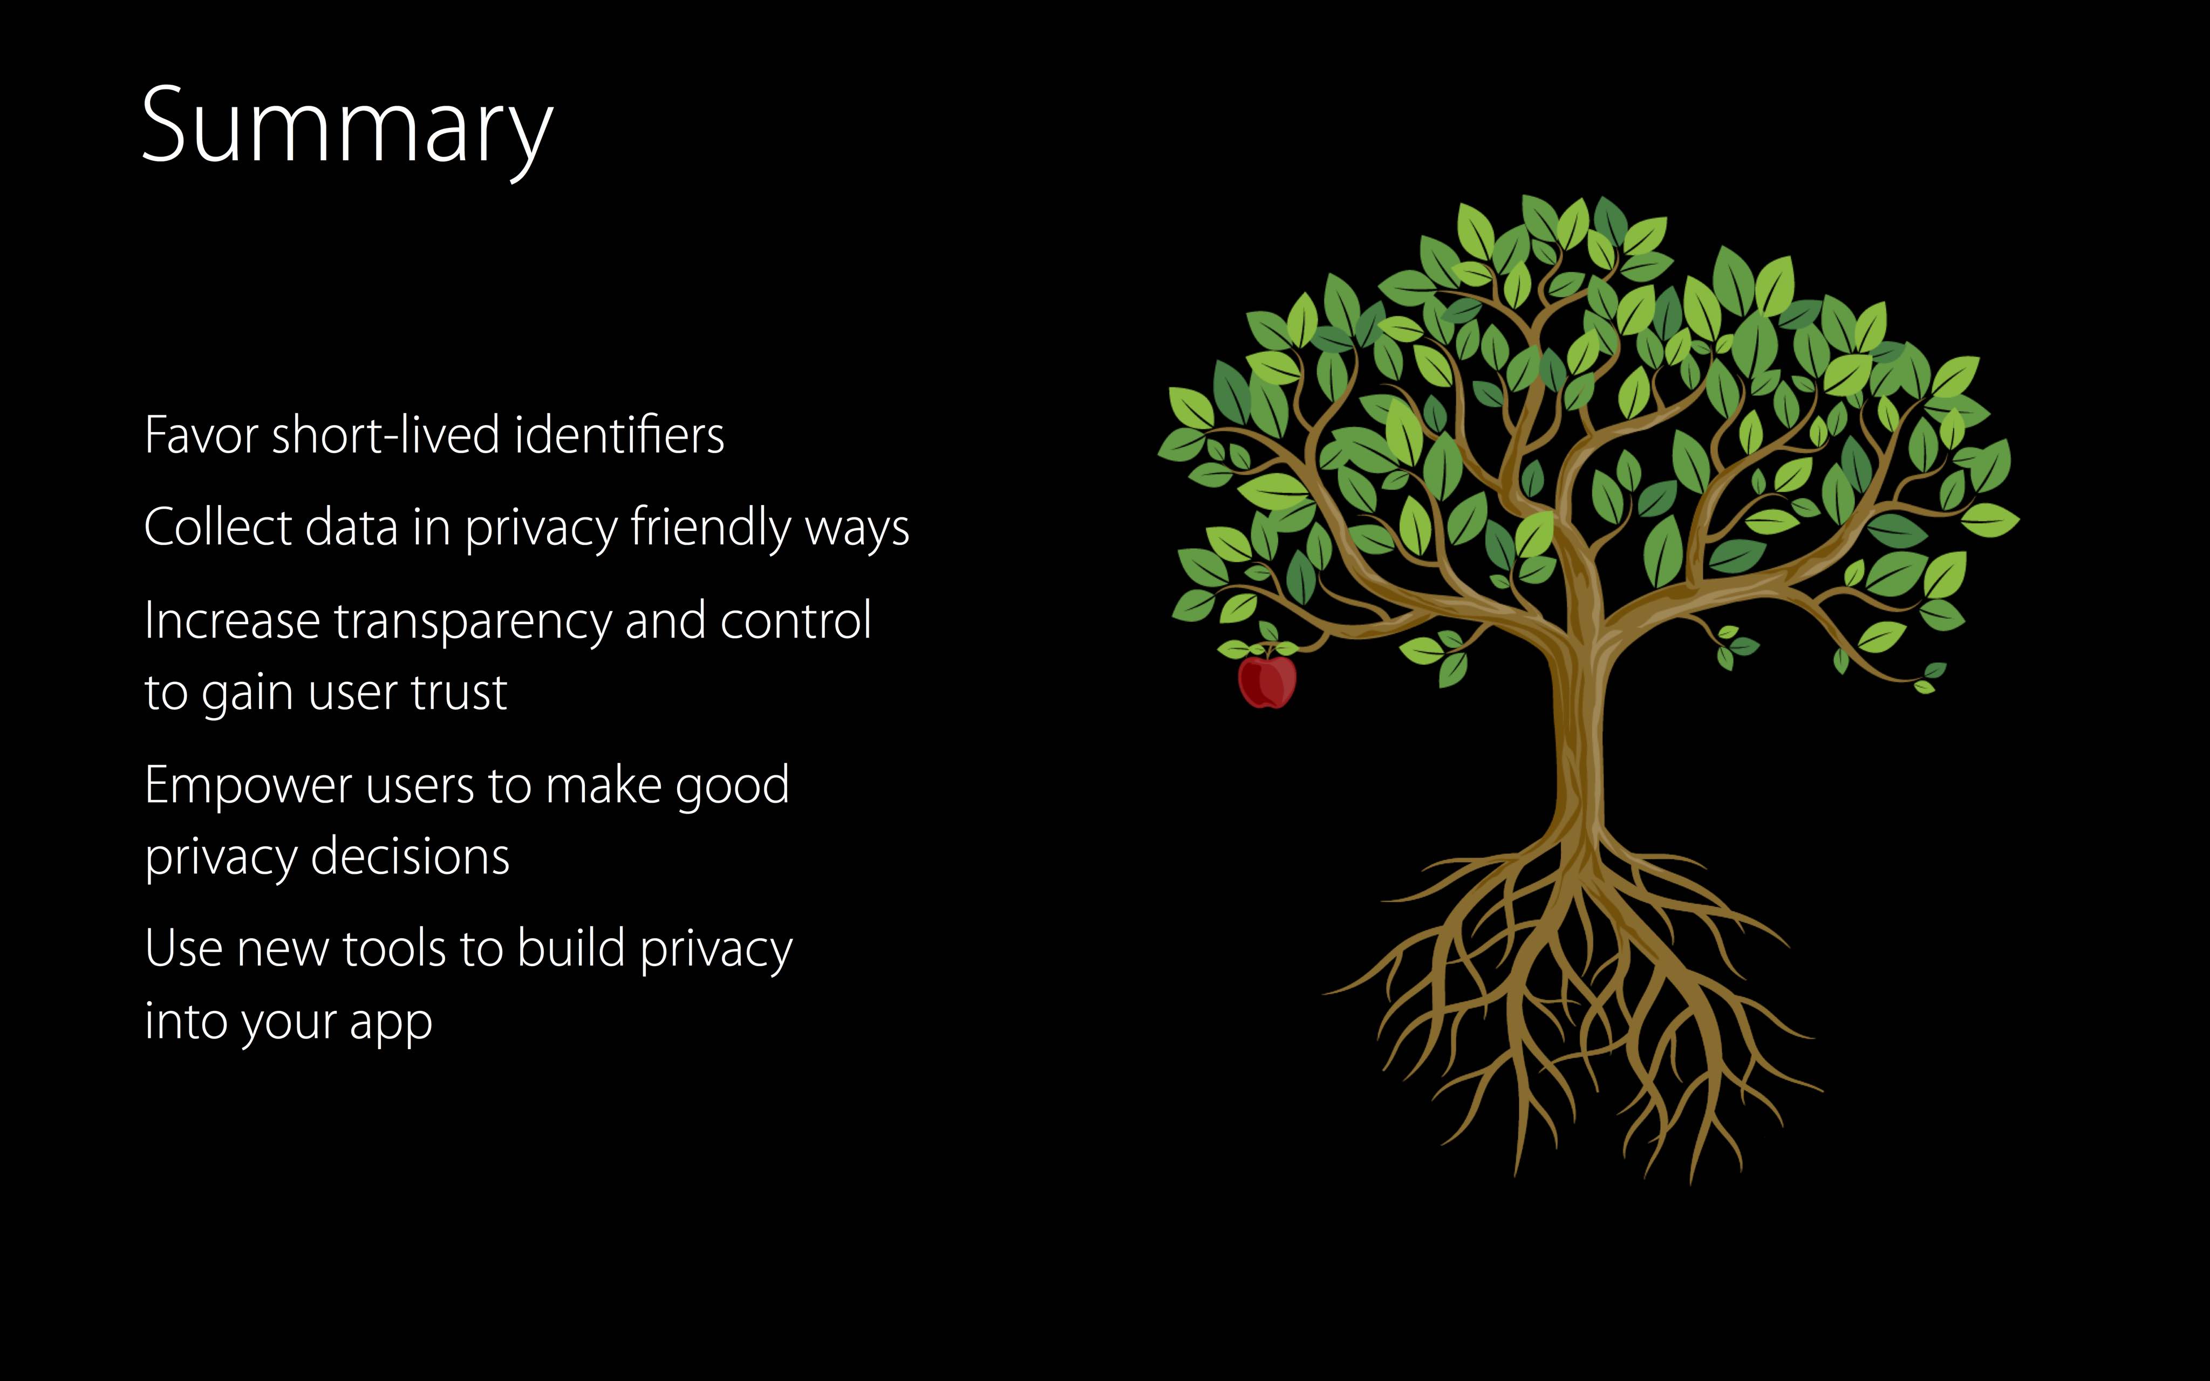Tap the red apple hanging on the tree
pos(1267,680)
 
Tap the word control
pos(795,621)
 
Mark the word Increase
pos(232,621)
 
